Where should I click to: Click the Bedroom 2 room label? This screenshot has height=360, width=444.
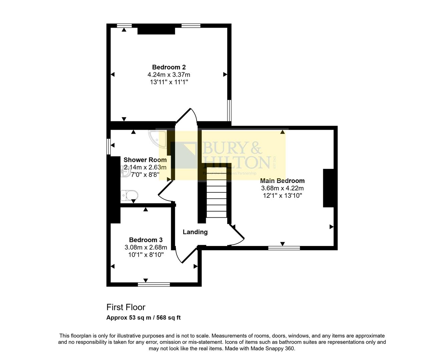169,67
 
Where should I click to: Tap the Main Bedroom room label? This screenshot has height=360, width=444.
282,181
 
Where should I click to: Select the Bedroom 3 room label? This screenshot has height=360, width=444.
146,240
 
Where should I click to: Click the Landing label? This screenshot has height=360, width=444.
195,232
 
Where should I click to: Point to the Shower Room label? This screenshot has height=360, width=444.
145,160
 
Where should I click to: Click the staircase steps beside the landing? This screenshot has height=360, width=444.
216,199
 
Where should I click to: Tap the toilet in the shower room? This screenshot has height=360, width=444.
129,195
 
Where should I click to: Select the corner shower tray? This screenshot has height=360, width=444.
158,139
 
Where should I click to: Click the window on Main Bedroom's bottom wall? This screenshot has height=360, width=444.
284,248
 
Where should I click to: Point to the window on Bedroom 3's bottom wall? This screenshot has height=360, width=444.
154,284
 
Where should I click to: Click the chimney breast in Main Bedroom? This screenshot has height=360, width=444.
328,188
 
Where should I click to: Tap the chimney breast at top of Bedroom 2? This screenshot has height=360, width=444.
156,30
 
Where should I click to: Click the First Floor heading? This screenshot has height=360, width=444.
126,307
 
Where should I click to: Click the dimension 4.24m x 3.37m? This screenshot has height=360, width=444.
169,75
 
